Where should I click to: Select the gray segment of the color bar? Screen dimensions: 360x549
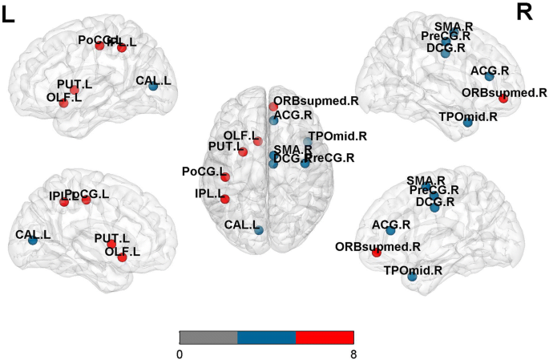(208, 337)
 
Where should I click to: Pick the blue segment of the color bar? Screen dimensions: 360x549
(267, 337)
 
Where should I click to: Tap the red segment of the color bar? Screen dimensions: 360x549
(325, 337)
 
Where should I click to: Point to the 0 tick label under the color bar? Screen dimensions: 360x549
(180, 353)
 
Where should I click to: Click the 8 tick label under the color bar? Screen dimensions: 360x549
(353, 353)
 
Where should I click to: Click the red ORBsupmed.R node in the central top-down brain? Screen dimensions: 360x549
(273, 107)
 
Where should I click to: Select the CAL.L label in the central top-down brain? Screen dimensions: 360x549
(241, 225)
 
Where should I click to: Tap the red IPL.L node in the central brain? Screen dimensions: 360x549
(224, 199)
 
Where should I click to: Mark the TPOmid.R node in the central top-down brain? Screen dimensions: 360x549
(308, 142)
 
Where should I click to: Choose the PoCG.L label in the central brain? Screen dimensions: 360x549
(200, 172)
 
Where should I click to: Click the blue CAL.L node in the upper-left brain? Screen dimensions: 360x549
(152, 86)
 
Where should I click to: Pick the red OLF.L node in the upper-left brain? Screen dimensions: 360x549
(63, 103)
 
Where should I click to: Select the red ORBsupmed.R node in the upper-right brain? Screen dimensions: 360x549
(503, 99)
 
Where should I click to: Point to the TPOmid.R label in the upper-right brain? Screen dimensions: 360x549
(469, 116)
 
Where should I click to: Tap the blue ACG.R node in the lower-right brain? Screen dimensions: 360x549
(390, 231)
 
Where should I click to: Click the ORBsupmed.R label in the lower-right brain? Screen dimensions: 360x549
(377, 246)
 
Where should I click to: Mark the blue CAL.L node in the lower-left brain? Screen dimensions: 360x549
(32, 240)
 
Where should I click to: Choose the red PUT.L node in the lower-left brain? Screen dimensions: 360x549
(112, 244)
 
